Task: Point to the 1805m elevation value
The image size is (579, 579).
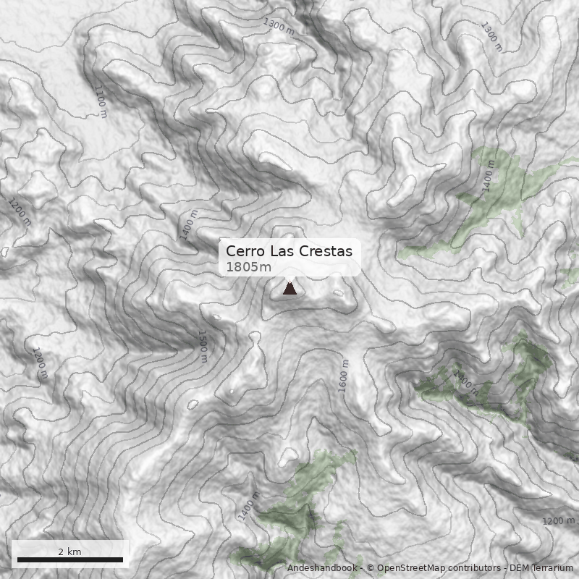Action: (x=248, y=267)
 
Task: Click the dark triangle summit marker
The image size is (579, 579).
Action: (x=289, y=289)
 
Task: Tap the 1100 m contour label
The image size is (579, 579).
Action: (x=100, y=101)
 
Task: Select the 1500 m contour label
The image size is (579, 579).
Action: (x=203, y=346)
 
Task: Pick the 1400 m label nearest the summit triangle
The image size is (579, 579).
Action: (x=189, y=224)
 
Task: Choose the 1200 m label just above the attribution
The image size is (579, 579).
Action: (x=558, y=521)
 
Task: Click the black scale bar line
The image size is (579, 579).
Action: (x=69, y=559)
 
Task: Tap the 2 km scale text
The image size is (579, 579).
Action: (x=69, y=551)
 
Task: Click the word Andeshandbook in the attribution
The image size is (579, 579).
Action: (x=321, y=568)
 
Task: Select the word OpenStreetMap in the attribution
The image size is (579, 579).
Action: (x=410, y=568)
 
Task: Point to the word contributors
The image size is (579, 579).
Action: (x=473, y=568)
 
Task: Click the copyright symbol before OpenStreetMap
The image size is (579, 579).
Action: (x=370, y=568)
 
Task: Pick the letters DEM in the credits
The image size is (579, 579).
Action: (x=520, y=568)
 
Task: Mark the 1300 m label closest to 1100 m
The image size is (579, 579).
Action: (x=279, y=27)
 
